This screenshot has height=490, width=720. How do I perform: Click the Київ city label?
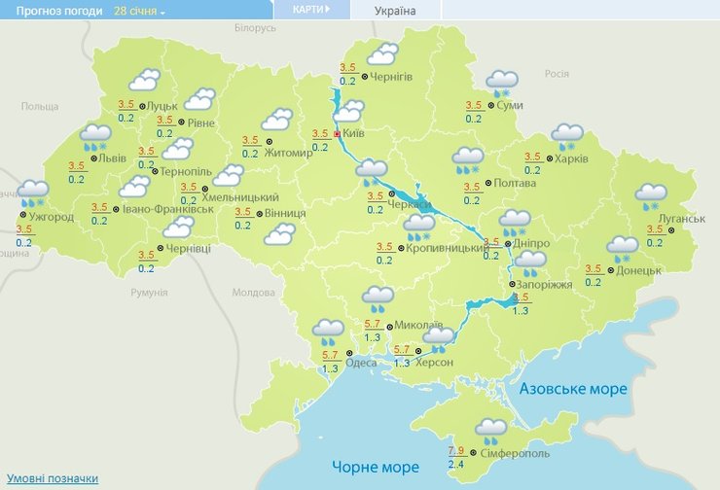tap(353, 133)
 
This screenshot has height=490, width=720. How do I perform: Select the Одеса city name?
tap(361, 363)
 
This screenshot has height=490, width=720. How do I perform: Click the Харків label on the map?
tap(571, 158)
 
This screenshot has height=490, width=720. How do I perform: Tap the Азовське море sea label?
tap(573, 389)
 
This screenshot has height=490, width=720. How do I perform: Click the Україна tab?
tap(395, 11)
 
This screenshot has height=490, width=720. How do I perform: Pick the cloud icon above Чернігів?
tap(381, 53)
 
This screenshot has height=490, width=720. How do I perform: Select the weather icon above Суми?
tap(502, 83)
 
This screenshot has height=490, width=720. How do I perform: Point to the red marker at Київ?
tap(337, 133)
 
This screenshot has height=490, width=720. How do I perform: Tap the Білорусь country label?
tap(255, 28)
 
